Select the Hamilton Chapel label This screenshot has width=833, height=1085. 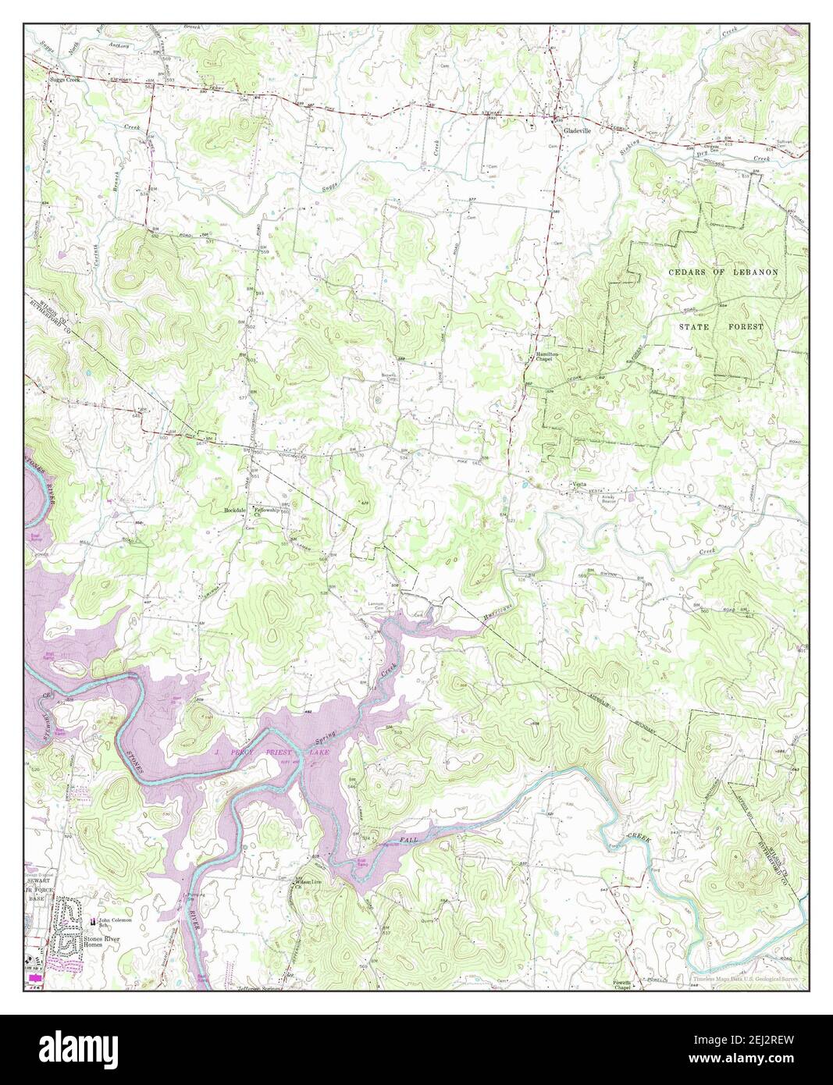tap(544, 356)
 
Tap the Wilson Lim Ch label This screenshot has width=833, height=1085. tap(308, 884)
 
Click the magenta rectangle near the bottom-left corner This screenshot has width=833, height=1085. tap(35, 977)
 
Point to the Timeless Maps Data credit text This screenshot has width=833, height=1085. tap(747, 979)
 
